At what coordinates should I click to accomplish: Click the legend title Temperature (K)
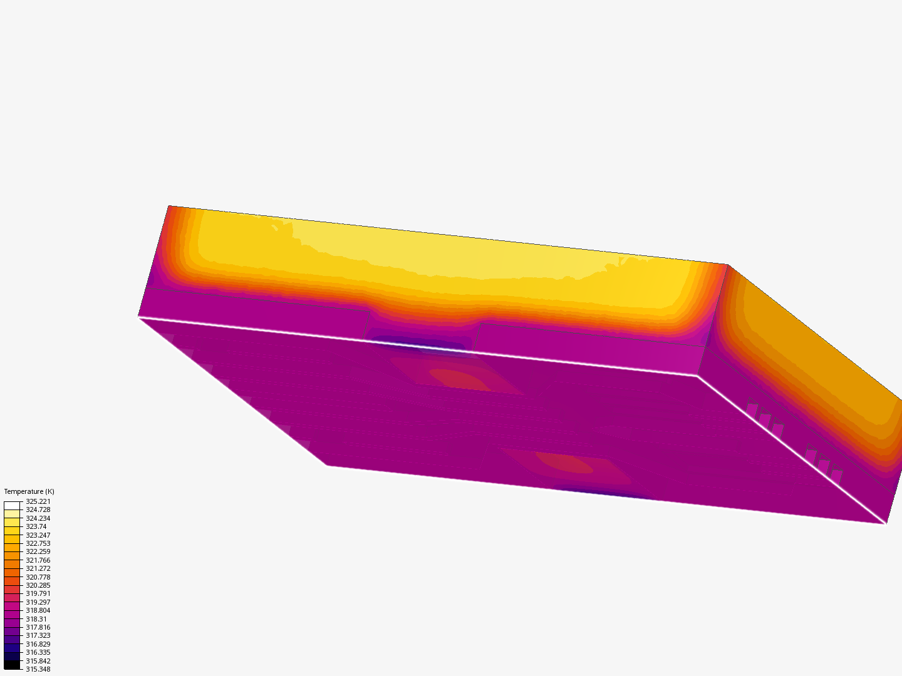pos(29,491)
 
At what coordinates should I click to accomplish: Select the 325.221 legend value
pos(38,501)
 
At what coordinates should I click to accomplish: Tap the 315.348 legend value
pos(38,669)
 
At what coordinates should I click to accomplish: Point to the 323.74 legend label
pos(36,526)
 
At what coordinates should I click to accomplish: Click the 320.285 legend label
pos(38,585)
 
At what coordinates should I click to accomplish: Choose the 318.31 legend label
pos(36,619)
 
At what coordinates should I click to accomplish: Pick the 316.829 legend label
pos(38,644)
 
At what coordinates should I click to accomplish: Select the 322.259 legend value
pos(38,551)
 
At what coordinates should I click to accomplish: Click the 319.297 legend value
pos(38,602)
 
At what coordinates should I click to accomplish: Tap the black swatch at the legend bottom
pos(12,665)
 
